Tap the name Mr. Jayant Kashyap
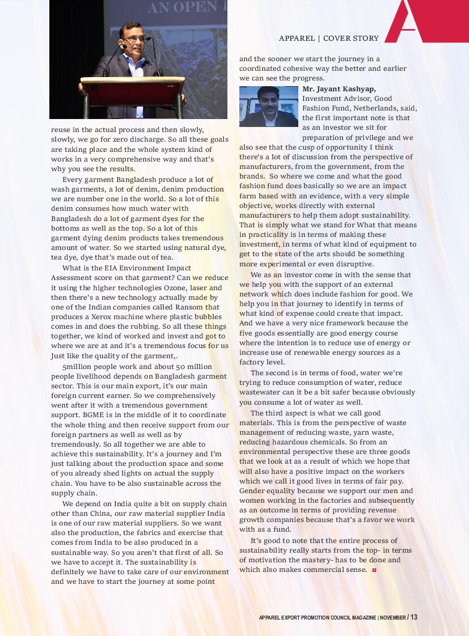[339, 89]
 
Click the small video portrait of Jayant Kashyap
[268, 106]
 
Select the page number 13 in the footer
[414, 617]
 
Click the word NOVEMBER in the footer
[393, 617]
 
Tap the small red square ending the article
[374, 570]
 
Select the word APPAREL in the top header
[297, 39]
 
